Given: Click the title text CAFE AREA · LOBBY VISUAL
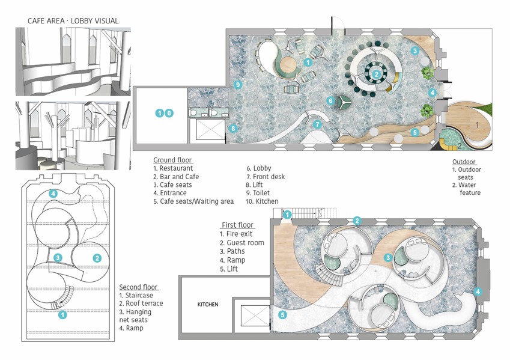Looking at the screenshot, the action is tap(73, 21).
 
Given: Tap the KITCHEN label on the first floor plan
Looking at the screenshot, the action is tap(208, 304).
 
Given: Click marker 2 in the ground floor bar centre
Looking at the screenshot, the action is tap(376, 74).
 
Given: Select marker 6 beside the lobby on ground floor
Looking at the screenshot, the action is tap(331, 100).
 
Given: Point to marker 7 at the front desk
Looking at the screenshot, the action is tap(317, 124).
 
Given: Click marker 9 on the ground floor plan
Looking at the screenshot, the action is tap(238, 85).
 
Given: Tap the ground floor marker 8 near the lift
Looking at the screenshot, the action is tap(233, 128).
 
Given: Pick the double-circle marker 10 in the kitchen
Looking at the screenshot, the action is tap(164, 113).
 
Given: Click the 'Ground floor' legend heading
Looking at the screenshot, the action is tap(173, 160).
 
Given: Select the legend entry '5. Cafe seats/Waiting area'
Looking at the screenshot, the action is tap(193, 201).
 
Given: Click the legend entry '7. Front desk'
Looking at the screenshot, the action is tap(266, 177).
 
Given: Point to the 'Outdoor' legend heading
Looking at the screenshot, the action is tap(464, 162).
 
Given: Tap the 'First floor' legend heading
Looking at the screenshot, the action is tap(237, 225).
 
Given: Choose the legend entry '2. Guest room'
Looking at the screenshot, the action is tap(242, 243).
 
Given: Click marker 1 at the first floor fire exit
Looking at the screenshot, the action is tap(287, 215).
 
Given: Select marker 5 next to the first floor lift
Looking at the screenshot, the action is tap(283, 315).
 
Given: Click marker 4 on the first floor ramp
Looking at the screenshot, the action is tap(478, 291).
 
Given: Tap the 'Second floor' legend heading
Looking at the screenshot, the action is tap(139, 287).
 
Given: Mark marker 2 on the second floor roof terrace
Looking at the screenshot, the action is tap(97, 258).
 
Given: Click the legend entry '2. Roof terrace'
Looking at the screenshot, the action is tap(141, 304).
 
